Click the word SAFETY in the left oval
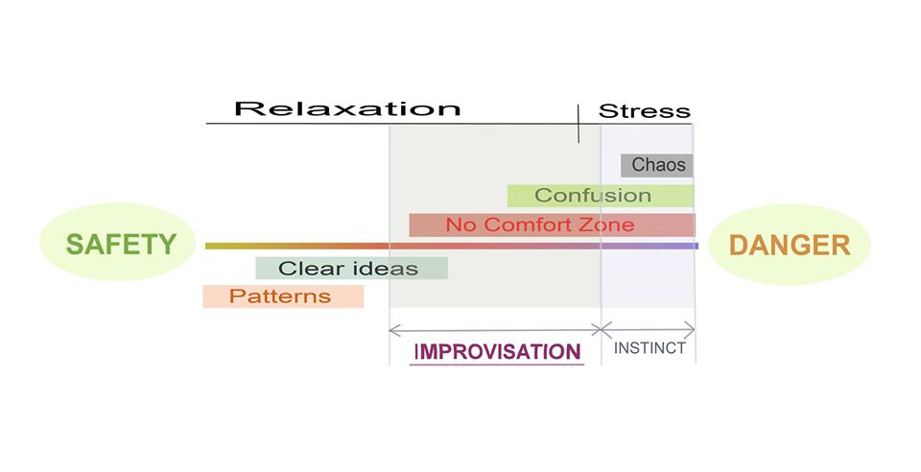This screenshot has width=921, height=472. [x=121, y=245]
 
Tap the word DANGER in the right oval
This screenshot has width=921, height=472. [x=790, y=246]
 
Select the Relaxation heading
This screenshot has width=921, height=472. [x=347, y=109]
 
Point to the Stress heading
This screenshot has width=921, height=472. [x=645, y=111]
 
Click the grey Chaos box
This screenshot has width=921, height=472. [x=657, y=166]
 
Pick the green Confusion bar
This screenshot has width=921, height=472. [x=601, y=196]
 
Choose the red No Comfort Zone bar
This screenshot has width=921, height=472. [x=553, y=224]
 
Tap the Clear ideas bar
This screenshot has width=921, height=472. [x=352, y=269]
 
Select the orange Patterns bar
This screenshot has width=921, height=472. [x=283, y=296]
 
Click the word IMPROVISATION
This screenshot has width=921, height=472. [x=498, y=352]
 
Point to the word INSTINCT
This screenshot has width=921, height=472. [x=649, y=348]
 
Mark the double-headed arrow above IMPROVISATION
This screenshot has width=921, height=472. [x=495, y=330]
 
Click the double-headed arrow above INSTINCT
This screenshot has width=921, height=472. [x=648, y=329]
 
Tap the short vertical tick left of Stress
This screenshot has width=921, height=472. [x=579, y=124]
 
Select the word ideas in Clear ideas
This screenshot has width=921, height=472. [x=387, y=269]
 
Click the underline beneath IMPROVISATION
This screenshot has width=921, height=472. [x=497, y=365]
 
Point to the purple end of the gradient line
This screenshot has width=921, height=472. [x=697, y=246]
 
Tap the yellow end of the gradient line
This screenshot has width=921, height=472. [x=208, y=246]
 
